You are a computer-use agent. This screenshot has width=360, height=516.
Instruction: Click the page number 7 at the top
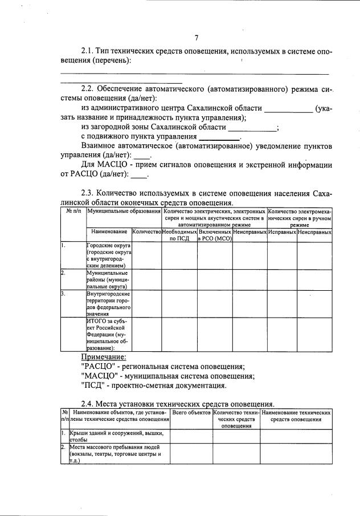tap(196, 38)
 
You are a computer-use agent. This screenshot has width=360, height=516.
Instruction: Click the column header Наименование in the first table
tap(108, 232)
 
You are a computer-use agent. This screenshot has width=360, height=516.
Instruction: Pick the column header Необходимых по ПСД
tap(179, 235)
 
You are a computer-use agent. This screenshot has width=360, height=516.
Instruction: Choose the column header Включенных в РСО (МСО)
tap(214, 235)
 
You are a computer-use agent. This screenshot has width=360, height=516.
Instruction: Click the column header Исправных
tap(281, 232)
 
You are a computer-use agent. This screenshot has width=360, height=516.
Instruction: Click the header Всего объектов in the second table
tap(191, 412)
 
